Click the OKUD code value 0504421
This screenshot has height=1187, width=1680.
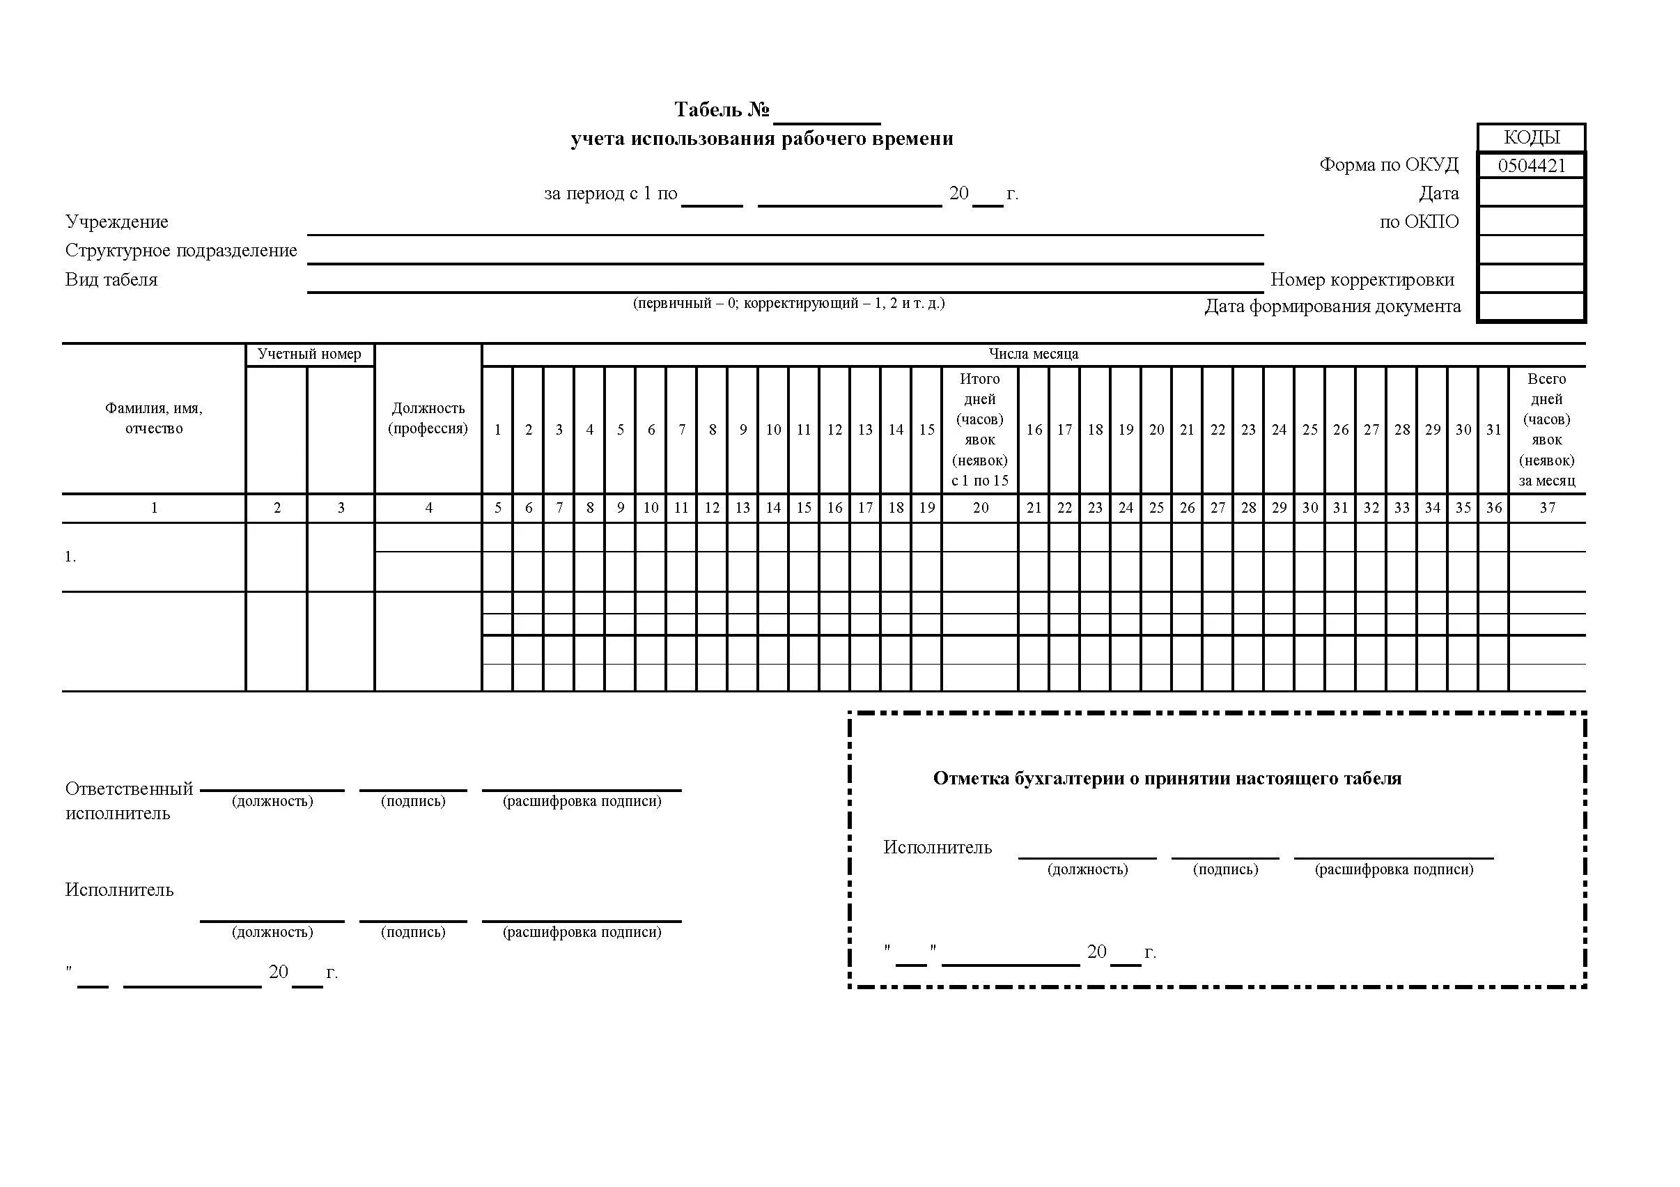pyautogui.click(x=1531, y=165)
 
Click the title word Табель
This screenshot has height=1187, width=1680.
pyautogui.click(x=708, y=110)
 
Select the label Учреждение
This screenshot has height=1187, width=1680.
pyautogui.click(x=116, y=222)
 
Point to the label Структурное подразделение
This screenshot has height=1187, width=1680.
pyautogui.click(x=180, y=250)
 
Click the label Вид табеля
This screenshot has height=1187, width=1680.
pyautogui.click(x=111, y=279)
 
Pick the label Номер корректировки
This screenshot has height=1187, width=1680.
pyautogui.click(x=1362, y=279)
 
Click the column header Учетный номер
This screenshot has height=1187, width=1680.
pyautogui.click(x=309, y=354)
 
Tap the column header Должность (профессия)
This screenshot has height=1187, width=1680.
pyautogui.click(x=428, y=418)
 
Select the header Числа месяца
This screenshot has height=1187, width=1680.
pyautogui.click(x=1033, y=354)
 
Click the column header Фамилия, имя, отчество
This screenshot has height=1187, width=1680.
pyautogui.click(x=154, y=418)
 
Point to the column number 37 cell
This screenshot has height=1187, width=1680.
pyautogui.click(x=1547, y=508)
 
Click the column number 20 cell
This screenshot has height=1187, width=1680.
pyautogui.click(x=980, y=508)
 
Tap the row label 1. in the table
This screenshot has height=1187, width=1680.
pyautogui.click(x=70, y=557)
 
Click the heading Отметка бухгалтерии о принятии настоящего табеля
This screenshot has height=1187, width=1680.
pyautogui.click(x=1167, y=779)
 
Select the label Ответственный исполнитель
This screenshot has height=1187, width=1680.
pyautogui.click(x=129, y=800)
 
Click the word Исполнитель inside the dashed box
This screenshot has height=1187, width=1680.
pyautogui.click(x=938, y=848)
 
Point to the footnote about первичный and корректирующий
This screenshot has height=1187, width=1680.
pyautogui.click(x=788, y=303)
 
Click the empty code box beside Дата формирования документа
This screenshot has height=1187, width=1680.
pyautogui.click(x=1531, y=307)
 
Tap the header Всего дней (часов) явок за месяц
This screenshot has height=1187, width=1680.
pyautogui.click(x=1547, y=430)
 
